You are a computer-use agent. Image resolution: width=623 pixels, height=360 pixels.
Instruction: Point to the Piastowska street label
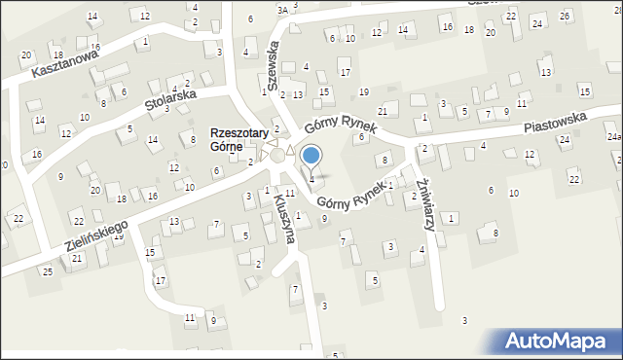554,123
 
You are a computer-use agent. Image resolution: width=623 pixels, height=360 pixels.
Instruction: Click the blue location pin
311,156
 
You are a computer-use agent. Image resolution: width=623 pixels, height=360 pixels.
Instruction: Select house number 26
566,17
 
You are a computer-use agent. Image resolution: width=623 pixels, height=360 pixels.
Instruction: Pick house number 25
47,270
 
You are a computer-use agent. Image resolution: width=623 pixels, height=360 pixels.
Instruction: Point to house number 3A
282,10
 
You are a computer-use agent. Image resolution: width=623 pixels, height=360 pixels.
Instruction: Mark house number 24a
615,137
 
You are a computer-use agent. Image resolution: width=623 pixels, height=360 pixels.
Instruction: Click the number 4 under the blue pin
311,178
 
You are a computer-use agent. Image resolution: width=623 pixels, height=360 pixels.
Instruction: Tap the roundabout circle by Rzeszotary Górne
278,155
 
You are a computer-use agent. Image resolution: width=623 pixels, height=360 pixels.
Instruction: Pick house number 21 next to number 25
77,258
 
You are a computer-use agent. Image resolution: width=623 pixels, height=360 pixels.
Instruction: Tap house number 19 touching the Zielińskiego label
119,235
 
